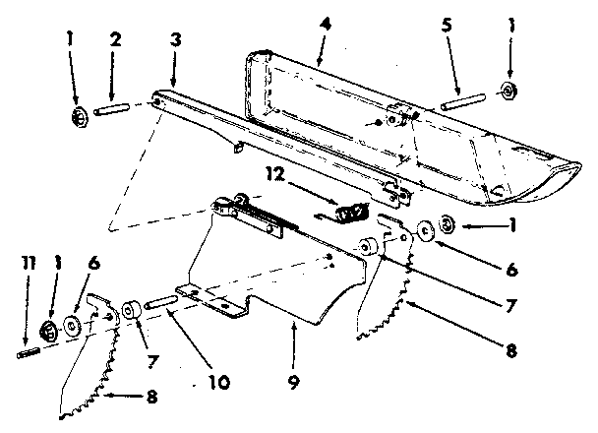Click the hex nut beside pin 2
(80, 117)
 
